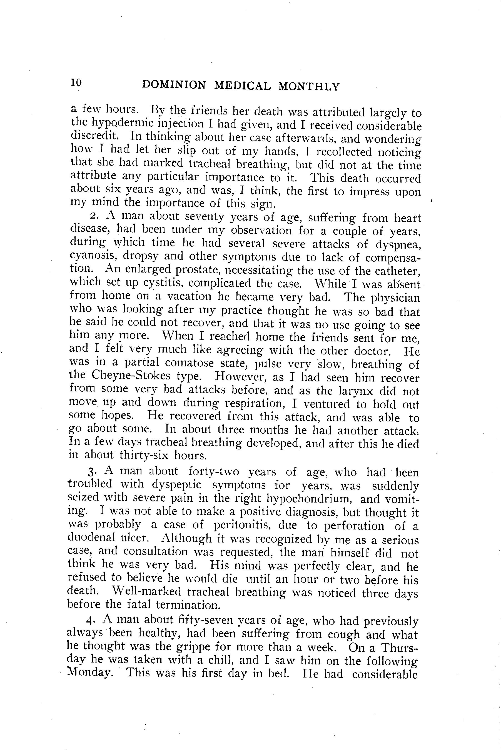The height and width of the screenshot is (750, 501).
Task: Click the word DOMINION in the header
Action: (x=174, y=85)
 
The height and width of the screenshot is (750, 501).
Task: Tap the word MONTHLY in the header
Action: (x=309, y=86)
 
